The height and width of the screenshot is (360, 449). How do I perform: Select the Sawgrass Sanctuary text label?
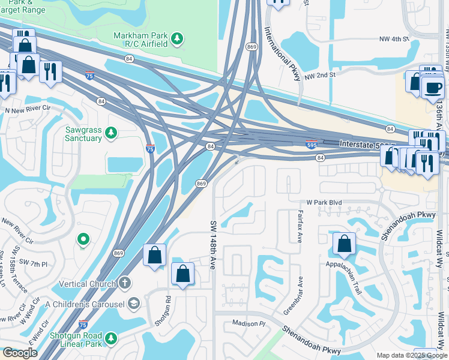(x=83, y=134)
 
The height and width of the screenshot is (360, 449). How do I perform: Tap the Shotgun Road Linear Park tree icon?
(x=110, y=340)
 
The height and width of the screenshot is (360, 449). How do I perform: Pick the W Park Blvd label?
(x=324, y=203)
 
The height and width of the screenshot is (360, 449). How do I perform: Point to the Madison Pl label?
(x=249, y=323)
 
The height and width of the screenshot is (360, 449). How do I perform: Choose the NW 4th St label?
(x=393, y=39)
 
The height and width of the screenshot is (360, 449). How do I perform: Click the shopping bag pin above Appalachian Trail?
(x=344, y=243)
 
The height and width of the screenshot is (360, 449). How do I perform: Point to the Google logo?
(x=19, y=353)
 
